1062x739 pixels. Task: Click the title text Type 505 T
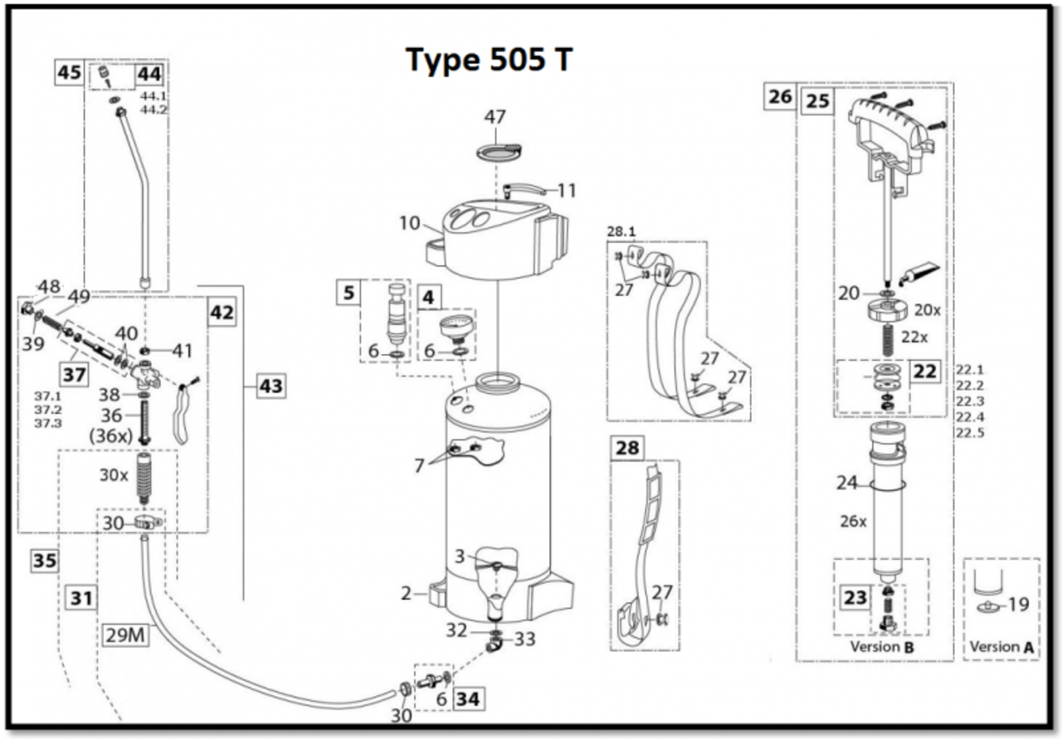(489, 60)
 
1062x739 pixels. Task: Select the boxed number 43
(270, 386)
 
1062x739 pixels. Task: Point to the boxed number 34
(467, 699)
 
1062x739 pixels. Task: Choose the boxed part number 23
(855, 597)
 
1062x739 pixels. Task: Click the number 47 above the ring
(495, 117)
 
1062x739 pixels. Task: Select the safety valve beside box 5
(397, 313)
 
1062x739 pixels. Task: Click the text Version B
(881, 647)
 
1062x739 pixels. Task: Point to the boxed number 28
(628, 449)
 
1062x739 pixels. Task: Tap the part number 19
(1018, 605)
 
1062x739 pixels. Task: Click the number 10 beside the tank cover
(411, 222)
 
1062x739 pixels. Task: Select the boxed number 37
(74, 374)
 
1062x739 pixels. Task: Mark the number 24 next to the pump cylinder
(846, 482)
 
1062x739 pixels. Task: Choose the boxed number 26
(780, 97)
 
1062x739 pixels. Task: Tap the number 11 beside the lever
(567, 190)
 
